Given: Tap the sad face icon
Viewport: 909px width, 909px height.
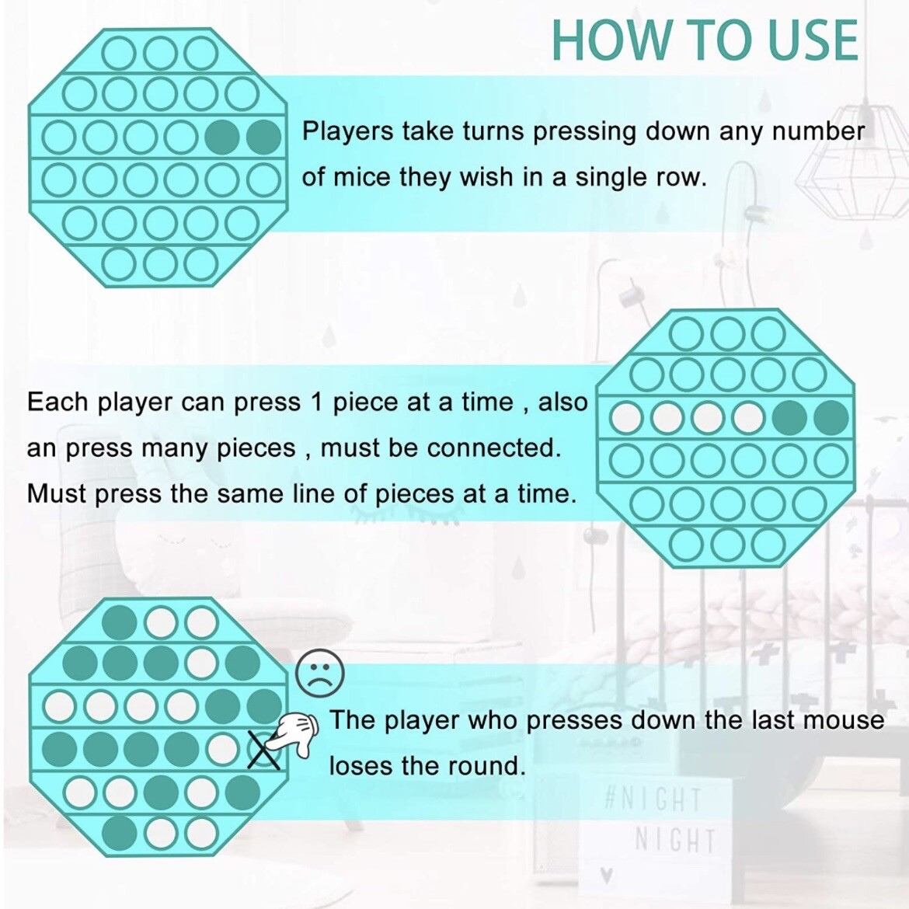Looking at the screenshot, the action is click(x=320, y=673).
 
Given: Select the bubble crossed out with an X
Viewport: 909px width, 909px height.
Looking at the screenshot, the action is click(x=264, y=751).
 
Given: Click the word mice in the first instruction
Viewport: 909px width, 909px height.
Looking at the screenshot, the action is click(x=362, y=177).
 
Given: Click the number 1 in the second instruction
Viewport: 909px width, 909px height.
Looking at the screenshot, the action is click(x=316, y=402).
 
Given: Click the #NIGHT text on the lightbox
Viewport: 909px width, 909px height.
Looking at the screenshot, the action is click(x=652, y=800).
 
